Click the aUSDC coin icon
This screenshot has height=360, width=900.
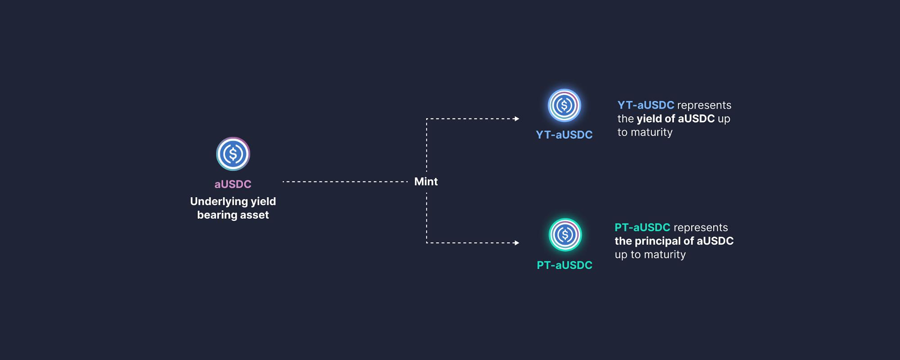coord(233,154)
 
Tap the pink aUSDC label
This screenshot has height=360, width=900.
coord(233,184)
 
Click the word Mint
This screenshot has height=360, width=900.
coord(425,182)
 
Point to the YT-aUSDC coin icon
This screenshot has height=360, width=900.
coord(564,105)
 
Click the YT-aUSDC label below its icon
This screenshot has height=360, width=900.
coord(564,135)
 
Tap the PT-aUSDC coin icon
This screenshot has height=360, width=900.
coord(565,234)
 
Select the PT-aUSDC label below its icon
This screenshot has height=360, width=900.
coord(564,265)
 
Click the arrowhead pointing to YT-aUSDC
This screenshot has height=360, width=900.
coord(516,119)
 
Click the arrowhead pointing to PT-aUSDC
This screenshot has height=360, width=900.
coord(516,243)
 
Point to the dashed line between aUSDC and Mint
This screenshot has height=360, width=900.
coord(345,182)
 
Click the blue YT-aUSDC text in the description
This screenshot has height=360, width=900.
coord(646,105)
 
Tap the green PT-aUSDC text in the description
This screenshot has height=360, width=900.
coord(642,228)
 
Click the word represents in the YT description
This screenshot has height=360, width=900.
coord(704,105)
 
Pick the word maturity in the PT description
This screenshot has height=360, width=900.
coord(665,255)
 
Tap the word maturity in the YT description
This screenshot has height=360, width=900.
coord(651,132)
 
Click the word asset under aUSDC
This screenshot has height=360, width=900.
coord(254,215)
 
